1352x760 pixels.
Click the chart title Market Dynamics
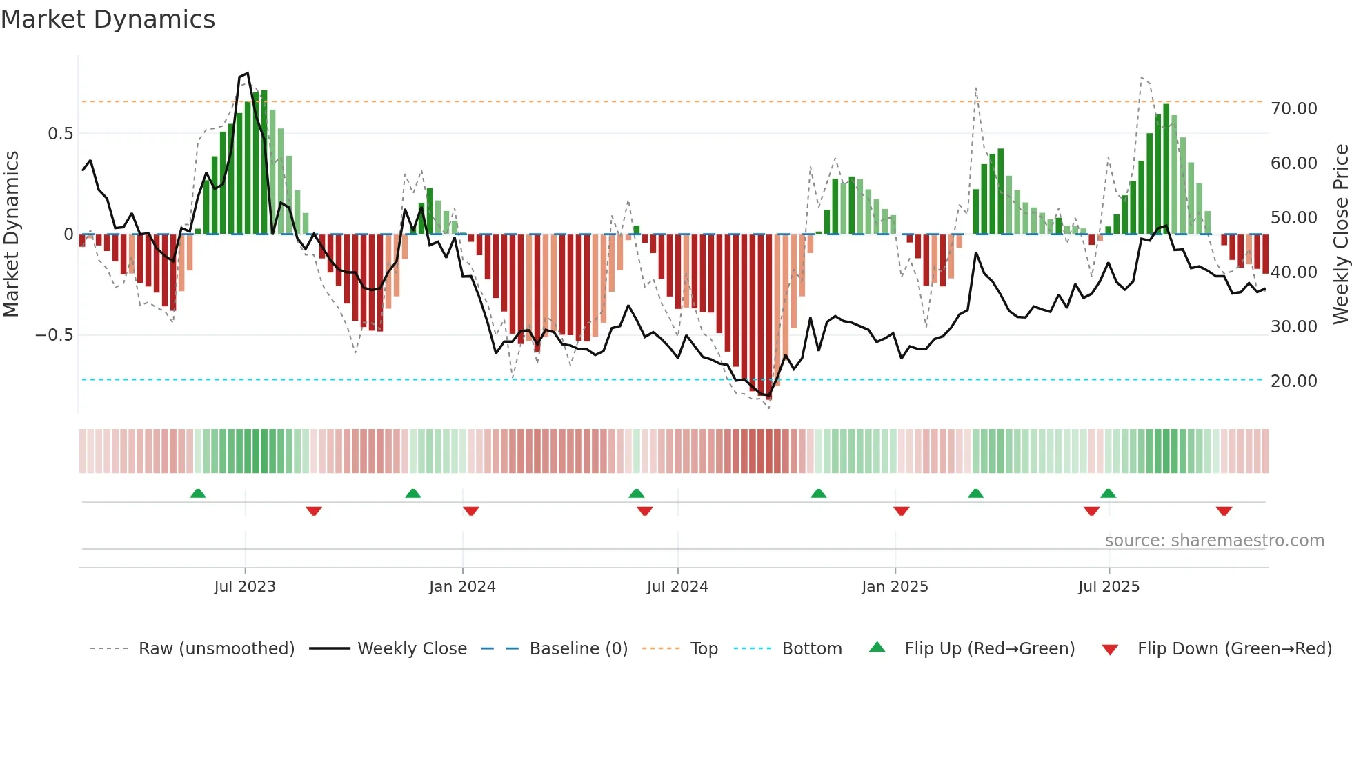tap(108, 19)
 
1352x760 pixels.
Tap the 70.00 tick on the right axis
tap(1293, 109)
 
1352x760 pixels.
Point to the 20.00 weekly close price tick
tap(1293, 381)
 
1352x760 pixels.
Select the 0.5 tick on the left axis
tap(60, 134)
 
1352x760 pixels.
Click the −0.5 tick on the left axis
tap(54, 335)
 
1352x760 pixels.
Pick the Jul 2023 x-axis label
tap(244, 587)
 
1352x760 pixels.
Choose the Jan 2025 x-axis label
tap(895, 587)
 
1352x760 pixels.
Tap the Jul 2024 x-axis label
tap(677, 587)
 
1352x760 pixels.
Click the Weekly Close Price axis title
tap(1340, 234)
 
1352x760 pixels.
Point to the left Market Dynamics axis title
tap(11, 234)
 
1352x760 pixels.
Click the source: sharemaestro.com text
tap(1214, 541)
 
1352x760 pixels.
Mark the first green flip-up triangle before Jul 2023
tap(198, 493)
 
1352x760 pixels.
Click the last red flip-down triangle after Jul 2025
tap(1224, 511)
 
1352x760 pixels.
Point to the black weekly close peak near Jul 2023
tap(247, 73)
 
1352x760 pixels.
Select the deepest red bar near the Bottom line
tap(769, 317)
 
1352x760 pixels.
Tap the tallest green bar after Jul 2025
tap(1166, 169)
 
